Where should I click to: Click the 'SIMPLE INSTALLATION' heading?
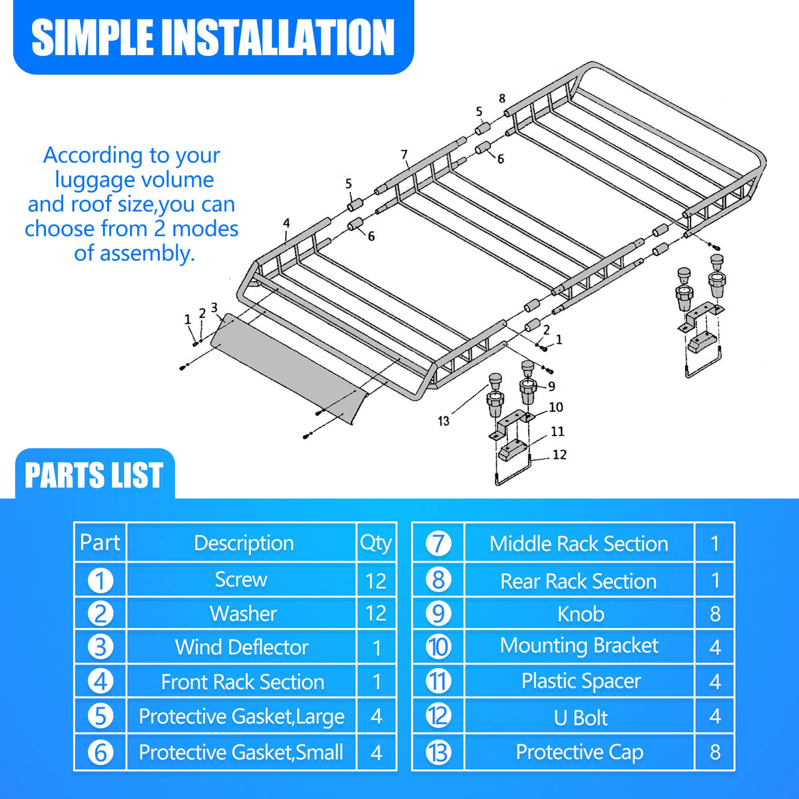(x=212, y=38)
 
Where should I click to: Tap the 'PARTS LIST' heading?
(x=93, y=475)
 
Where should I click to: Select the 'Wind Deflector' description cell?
(x=241, y=647)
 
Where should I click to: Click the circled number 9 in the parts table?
(x=438, y=614)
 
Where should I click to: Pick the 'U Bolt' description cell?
(x=580, y=717)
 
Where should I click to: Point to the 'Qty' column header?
(x=376, y=543)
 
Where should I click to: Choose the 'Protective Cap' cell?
(x=579, y=752)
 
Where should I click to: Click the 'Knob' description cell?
(x=581, y=614)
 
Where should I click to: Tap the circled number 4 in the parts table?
(x=101, y=682)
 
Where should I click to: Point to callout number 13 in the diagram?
(x=443, y=421)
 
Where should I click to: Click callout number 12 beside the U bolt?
(x=559, y=455)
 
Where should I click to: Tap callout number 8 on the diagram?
(x=502, y=99)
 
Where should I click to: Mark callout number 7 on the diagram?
(x=404, y=154)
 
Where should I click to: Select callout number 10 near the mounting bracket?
(x=556, y=407)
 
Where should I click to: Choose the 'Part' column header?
(x=99, y=543)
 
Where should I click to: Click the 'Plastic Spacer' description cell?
(x=581, y=681)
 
